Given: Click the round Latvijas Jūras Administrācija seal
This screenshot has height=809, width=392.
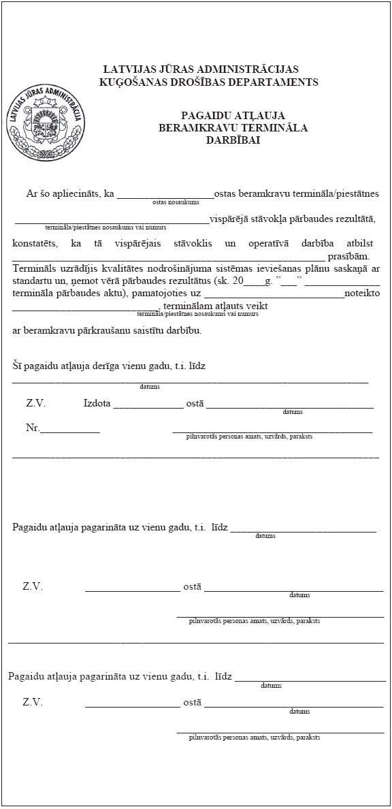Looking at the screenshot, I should click(x=46, y=125).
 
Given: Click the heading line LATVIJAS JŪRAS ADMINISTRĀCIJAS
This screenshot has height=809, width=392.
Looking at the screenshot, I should click(x=201, y=69).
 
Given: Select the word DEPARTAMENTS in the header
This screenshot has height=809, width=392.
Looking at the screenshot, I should click(x=275, y=82).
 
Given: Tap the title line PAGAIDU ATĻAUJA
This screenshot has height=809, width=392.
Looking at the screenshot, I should click(x=233, y=115).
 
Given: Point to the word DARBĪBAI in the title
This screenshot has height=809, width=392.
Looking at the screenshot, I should click(x=233, y=140).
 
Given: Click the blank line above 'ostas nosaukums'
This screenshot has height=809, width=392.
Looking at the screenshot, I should click(x=165, y=195).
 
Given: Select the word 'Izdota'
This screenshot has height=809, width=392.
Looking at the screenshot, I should click(x=97, y=403).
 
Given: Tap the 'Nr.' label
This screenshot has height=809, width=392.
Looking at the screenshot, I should click(x=33, y=428).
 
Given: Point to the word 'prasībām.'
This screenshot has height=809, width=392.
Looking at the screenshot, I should click(x=348, y=256).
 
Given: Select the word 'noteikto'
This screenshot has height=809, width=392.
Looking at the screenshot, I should click(x=362, y=293).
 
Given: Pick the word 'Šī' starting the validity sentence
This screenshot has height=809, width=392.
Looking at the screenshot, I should click(x=18, y=366).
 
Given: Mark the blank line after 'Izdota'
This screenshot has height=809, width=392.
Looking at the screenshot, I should click(x=148, y=406).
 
